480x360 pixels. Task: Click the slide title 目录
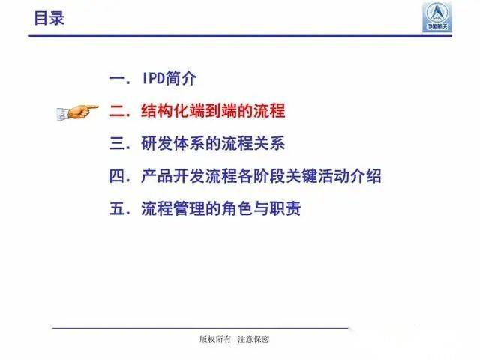coord(49,17)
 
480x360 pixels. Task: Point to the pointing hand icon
coord(77,112)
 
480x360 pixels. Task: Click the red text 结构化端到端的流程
coord(213,112)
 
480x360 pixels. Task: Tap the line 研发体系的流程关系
coord(213,144)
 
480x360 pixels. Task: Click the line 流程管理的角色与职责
coord(221,209)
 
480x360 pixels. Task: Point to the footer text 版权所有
coord(213,339)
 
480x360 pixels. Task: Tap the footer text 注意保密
coord(253,339)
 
